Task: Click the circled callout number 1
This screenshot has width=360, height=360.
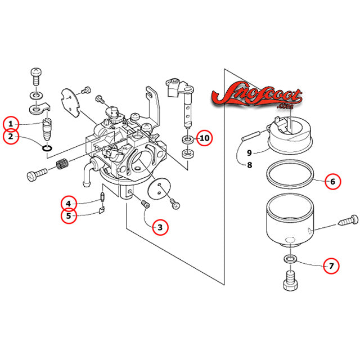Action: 11,123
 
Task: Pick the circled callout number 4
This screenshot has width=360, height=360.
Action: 69,203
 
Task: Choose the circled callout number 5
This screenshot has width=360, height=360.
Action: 69,216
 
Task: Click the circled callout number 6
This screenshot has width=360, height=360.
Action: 332,181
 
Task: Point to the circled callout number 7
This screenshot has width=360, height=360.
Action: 331,265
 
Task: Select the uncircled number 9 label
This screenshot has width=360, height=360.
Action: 249,152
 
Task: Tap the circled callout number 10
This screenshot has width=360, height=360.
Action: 204,138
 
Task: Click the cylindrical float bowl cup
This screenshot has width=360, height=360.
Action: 290,219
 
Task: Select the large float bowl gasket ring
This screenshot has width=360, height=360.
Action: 290,175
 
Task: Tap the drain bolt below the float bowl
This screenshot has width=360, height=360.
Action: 290,278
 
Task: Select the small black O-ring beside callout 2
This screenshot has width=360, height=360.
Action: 48,148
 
